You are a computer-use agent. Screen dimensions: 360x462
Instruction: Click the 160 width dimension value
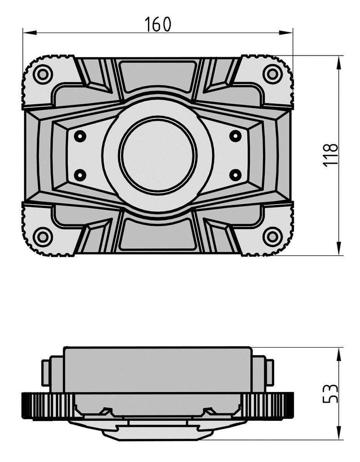[x=158, y=24]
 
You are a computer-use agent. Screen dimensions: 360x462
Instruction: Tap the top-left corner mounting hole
[x=43, y=75]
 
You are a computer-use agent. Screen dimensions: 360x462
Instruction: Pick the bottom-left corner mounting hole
[x=43, y=236]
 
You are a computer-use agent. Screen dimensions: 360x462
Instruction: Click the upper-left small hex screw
[x=80, y=136]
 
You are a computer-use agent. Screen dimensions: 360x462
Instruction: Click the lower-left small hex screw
[x=80, y=175]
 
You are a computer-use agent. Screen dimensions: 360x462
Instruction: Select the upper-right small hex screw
[x=235, y=136]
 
